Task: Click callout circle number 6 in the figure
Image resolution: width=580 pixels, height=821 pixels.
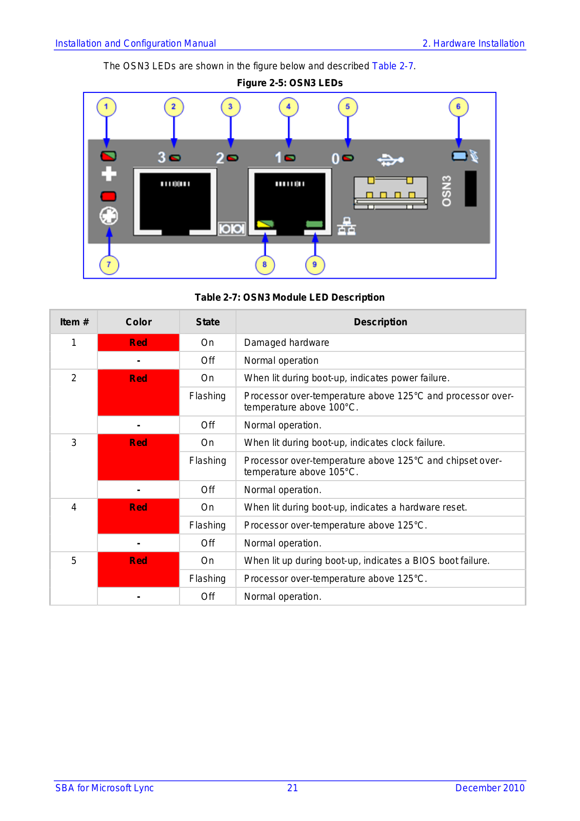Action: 458,107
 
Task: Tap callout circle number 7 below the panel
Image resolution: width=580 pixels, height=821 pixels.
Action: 109,265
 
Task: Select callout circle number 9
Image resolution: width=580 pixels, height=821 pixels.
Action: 315,265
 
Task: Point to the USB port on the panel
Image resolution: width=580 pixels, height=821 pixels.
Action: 391,193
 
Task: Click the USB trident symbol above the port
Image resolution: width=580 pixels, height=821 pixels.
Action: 390,160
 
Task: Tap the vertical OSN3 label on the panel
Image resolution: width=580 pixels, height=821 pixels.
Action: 447,191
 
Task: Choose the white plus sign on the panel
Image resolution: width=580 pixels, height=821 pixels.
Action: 109,174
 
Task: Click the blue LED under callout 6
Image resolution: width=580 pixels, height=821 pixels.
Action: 459,155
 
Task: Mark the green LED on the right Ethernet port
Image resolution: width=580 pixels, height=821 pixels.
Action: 314,224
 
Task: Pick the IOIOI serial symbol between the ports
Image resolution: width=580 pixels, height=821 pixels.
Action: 232,229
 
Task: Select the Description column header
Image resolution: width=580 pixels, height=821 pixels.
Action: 381,322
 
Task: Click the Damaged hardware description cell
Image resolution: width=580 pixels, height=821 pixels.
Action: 287,343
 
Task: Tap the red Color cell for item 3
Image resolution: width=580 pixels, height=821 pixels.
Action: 138,457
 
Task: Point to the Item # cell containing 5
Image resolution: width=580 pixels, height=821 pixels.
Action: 74,561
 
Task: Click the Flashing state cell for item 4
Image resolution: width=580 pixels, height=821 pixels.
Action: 207,525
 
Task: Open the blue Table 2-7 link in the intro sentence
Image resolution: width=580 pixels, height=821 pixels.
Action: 392,66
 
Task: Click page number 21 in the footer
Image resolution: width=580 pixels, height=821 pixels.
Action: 292,788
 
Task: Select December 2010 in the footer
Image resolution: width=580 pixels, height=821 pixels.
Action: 490,788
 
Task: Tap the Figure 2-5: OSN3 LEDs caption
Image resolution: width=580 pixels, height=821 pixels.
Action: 290,83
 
